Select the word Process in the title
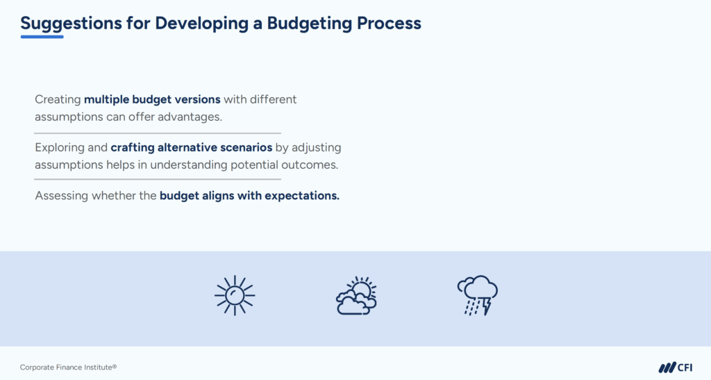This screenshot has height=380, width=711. click(389, 23)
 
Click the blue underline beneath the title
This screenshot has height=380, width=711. click(42, 36)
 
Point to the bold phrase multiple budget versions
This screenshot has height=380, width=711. click(152, 99)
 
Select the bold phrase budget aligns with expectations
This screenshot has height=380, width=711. click(249, 196)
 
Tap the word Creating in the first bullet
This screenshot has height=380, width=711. click(58, 99)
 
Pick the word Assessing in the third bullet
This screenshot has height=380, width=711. click(62, 196)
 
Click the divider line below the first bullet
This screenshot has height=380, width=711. click(158, 133)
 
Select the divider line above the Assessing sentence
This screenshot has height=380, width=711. click(158, 179)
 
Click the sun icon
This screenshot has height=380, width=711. click(234, 295)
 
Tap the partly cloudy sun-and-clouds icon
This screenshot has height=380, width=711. click(356, 297)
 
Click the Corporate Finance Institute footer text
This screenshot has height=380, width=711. click(64, 367)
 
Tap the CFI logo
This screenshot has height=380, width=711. click(675, 367)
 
